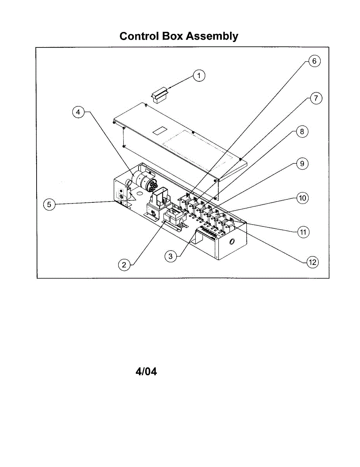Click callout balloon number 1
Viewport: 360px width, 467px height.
(199, 75)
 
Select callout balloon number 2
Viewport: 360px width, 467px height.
(124, 265)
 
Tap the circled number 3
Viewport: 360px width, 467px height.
(170, 256)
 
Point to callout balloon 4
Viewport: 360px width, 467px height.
(78, 112)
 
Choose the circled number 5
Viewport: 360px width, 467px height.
(49, 204)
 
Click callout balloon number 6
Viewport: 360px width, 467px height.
(314, 61)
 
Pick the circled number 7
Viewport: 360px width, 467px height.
(316, 98)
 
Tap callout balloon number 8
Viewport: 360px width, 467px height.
(302, 132)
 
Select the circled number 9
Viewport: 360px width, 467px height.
(302, 164)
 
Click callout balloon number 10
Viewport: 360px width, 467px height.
(302, 198)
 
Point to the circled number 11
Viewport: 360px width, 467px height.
(303, 232)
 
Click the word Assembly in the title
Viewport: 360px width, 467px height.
(212, 36)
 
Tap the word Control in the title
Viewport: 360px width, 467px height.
(138, 36)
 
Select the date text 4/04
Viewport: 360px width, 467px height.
(146, 372)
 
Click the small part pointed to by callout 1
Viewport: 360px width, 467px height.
(159, 95)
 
